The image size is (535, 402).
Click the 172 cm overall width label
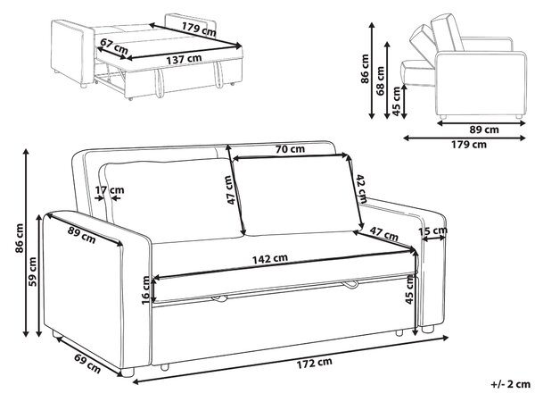[x=314, y=363]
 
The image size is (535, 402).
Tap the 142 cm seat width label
[x=270, y=258]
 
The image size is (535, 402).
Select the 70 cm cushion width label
[x=290, y=149]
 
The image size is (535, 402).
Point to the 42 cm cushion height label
[x=361, y=188]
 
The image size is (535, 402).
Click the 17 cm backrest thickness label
[x=110, y=190]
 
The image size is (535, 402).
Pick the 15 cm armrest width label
[x=432, y=231]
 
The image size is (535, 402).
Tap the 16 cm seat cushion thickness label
[x=145, y=290]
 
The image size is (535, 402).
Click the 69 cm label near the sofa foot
[x=87, y=364]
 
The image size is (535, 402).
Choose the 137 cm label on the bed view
[x=184, y=60]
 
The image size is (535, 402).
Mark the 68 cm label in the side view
[x=380, y=80]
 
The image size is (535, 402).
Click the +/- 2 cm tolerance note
[x=510, y=384]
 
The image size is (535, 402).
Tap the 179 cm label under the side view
[x=469, y=145]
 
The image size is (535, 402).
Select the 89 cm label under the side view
[x=484, y=130]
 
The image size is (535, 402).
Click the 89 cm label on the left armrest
[x=81, y=235]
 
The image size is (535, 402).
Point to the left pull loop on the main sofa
[x=219, y=298]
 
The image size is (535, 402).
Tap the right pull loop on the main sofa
[x=350, y=284]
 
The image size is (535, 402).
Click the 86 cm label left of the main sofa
[x=20, y=239]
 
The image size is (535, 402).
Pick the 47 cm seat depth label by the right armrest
[x=383, y=233]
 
